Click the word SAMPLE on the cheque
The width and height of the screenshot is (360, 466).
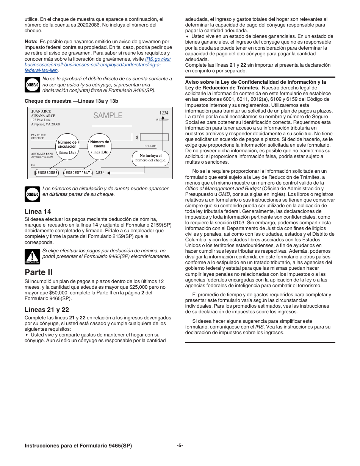coord(108,116)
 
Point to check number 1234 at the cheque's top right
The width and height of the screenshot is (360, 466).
coord(164,113)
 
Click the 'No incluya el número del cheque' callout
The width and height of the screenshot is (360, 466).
coord(150,158)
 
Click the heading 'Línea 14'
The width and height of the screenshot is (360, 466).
coord(38,211)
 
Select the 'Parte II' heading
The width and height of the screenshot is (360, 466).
coord(39,272)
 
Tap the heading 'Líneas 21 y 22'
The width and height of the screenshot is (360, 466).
coord(47,310)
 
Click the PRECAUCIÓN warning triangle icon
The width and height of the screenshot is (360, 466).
coord(32,256)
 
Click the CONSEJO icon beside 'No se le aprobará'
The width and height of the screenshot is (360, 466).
coord(32,85)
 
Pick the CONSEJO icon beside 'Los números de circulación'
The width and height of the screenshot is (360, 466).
coord(32,194)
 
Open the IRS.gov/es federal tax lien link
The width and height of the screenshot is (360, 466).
coord(93,65)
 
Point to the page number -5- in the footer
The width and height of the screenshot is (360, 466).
coord(180,446)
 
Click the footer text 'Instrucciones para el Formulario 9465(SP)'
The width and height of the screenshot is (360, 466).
coord(78,446)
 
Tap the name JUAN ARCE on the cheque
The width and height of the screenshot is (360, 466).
coord(41,112)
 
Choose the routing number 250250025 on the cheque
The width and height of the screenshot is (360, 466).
coord(47,173)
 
